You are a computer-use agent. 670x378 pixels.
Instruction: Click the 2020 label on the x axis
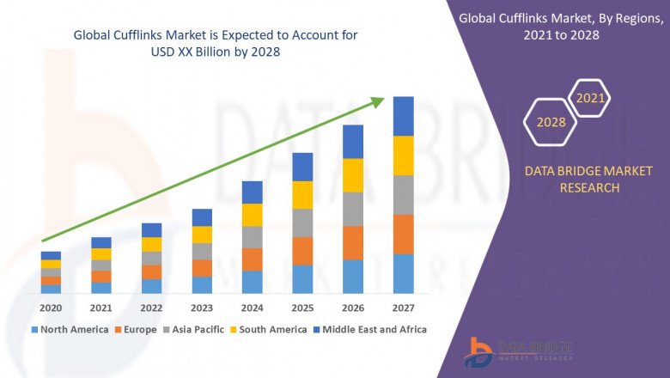pos(51,308)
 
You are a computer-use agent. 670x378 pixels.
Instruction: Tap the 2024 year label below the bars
pos(252,308)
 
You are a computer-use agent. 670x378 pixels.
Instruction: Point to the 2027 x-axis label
pos(403,308)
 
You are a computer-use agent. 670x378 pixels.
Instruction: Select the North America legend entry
pos(70,329)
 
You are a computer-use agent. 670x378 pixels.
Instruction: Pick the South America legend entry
pos(271,329)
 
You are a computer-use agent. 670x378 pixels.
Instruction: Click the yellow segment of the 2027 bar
pos(403,155)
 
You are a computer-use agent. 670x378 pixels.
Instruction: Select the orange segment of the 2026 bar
pos(353,243)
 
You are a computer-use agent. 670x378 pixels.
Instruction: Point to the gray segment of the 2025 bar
pos(302,223)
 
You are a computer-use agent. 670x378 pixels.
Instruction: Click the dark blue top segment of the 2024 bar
pos(252,192)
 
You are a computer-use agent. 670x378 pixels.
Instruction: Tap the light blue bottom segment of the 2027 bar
pos(403,273)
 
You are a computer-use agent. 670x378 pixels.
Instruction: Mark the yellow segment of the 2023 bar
pos(202,235)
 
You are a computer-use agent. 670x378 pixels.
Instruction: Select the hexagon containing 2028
pos(551,122)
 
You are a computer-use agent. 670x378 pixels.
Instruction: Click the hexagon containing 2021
pos(591,98)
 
